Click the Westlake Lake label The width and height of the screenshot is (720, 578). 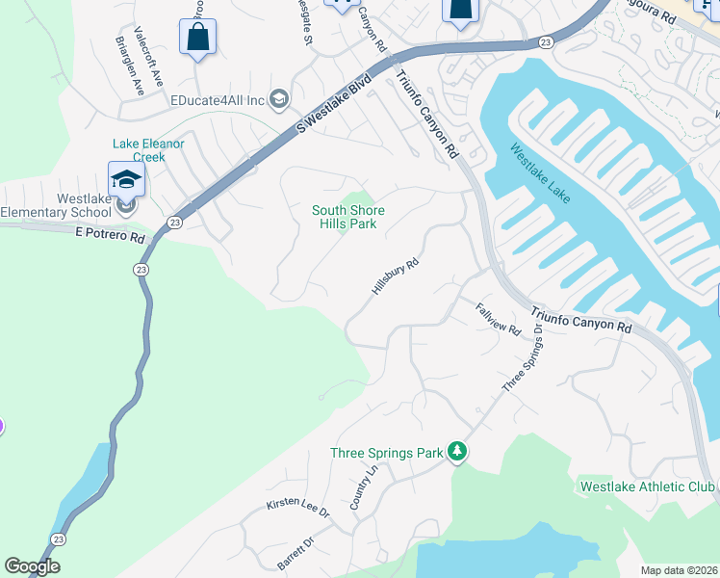(540, 174)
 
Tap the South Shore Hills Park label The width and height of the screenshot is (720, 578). (347, 217)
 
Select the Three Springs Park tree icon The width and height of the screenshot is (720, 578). (459, 452)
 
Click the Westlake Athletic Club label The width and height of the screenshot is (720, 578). (648, 486)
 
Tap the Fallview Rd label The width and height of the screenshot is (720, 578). (499, 319)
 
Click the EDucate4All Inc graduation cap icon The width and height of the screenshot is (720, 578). (279, 99)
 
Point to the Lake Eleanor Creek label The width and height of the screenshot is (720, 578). (148, 150)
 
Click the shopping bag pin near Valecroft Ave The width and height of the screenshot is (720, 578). (197, 38)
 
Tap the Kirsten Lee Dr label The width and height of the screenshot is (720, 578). (297, 510)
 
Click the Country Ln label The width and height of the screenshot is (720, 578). (362, 489)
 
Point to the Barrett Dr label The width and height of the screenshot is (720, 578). (296, 554)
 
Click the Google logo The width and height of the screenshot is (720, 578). (32, 566)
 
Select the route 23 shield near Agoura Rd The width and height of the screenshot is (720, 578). (545, 42)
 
